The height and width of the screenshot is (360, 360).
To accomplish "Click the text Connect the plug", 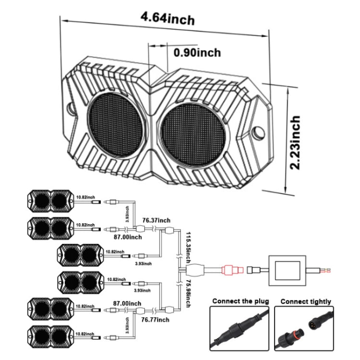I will tap(240, 301).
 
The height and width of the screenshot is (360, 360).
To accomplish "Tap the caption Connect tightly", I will tap(305, 301).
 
